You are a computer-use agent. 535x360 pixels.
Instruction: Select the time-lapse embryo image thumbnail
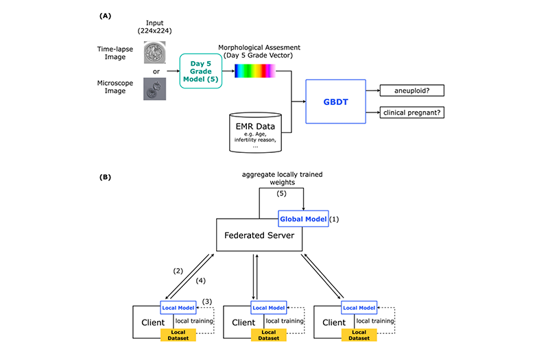[154, 52]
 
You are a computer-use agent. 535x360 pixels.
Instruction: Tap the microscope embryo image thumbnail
[154, 88]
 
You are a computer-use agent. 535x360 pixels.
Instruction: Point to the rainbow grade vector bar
[255, 71]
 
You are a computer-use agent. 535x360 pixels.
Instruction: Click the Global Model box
[303, 219]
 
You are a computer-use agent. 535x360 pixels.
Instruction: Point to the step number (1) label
[335, 219]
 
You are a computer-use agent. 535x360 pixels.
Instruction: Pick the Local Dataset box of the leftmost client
[178, 335]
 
